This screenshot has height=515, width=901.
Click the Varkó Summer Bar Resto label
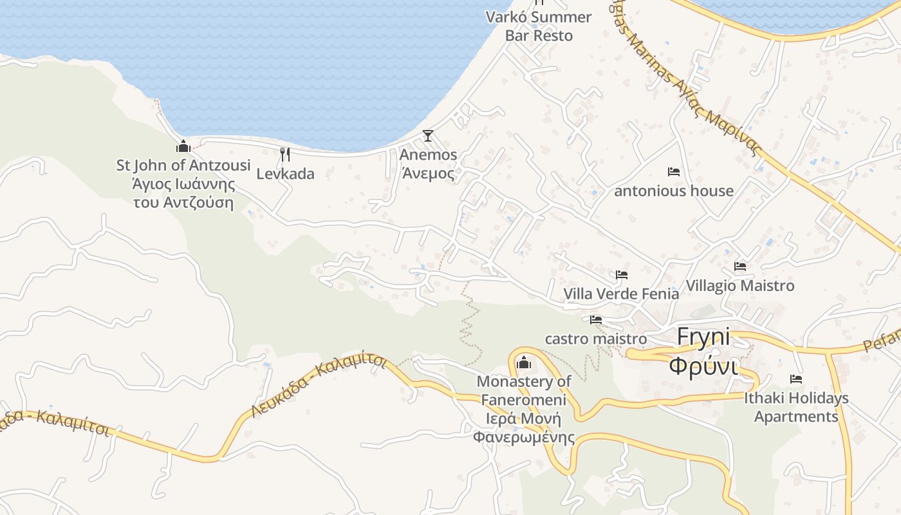539,26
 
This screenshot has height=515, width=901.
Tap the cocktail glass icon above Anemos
427,136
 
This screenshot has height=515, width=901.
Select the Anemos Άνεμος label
428,164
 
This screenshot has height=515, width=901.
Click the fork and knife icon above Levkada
285,154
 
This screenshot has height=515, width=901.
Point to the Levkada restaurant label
285,174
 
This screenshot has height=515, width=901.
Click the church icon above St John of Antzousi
183,147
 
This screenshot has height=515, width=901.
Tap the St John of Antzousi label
183,184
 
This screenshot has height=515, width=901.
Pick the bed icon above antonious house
674,172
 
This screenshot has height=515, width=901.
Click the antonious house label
674,191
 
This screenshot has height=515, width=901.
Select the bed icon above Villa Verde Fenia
621,275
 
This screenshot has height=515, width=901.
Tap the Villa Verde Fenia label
621,294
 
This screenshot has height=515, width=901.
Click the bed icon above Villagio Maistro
740,267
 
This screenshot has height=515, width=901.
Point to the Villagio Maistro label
740,285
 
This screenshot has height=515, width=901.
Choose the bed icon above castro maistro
596,320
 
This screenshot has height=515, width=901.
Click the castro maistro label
596,339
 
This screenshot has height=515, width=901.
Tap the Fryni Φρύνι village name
703,351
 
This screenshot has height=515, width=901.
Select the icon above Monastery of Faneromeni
524,363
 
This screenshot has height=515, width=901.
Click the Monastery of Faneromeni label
524,409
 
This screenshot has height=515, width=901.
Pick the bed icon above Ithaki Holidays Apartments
796,379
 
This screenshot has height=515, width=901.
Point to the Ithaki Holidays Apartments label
796,407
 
